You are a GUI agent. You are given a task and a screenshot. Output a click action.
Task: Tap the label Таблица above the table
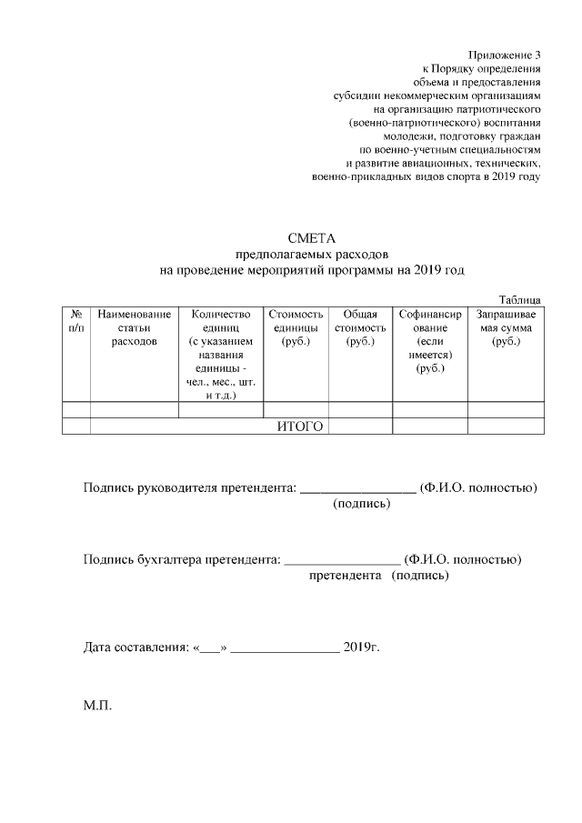point(520,298)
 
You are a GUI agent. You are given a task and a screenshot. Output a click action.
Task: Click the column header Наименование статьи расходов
point(134,327)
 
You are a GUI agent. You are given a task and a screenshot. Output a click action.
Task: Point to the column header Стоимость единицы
point(296,327)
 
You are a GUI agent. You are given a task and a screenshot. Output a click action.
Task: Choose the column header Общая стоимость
point(360,327)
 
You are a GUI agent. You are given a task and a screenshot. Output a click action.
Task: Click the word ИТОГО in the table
point(300,426)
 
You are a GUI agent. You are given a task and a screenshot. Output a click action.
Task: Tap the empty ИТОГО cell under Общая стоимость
point(360,426)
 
